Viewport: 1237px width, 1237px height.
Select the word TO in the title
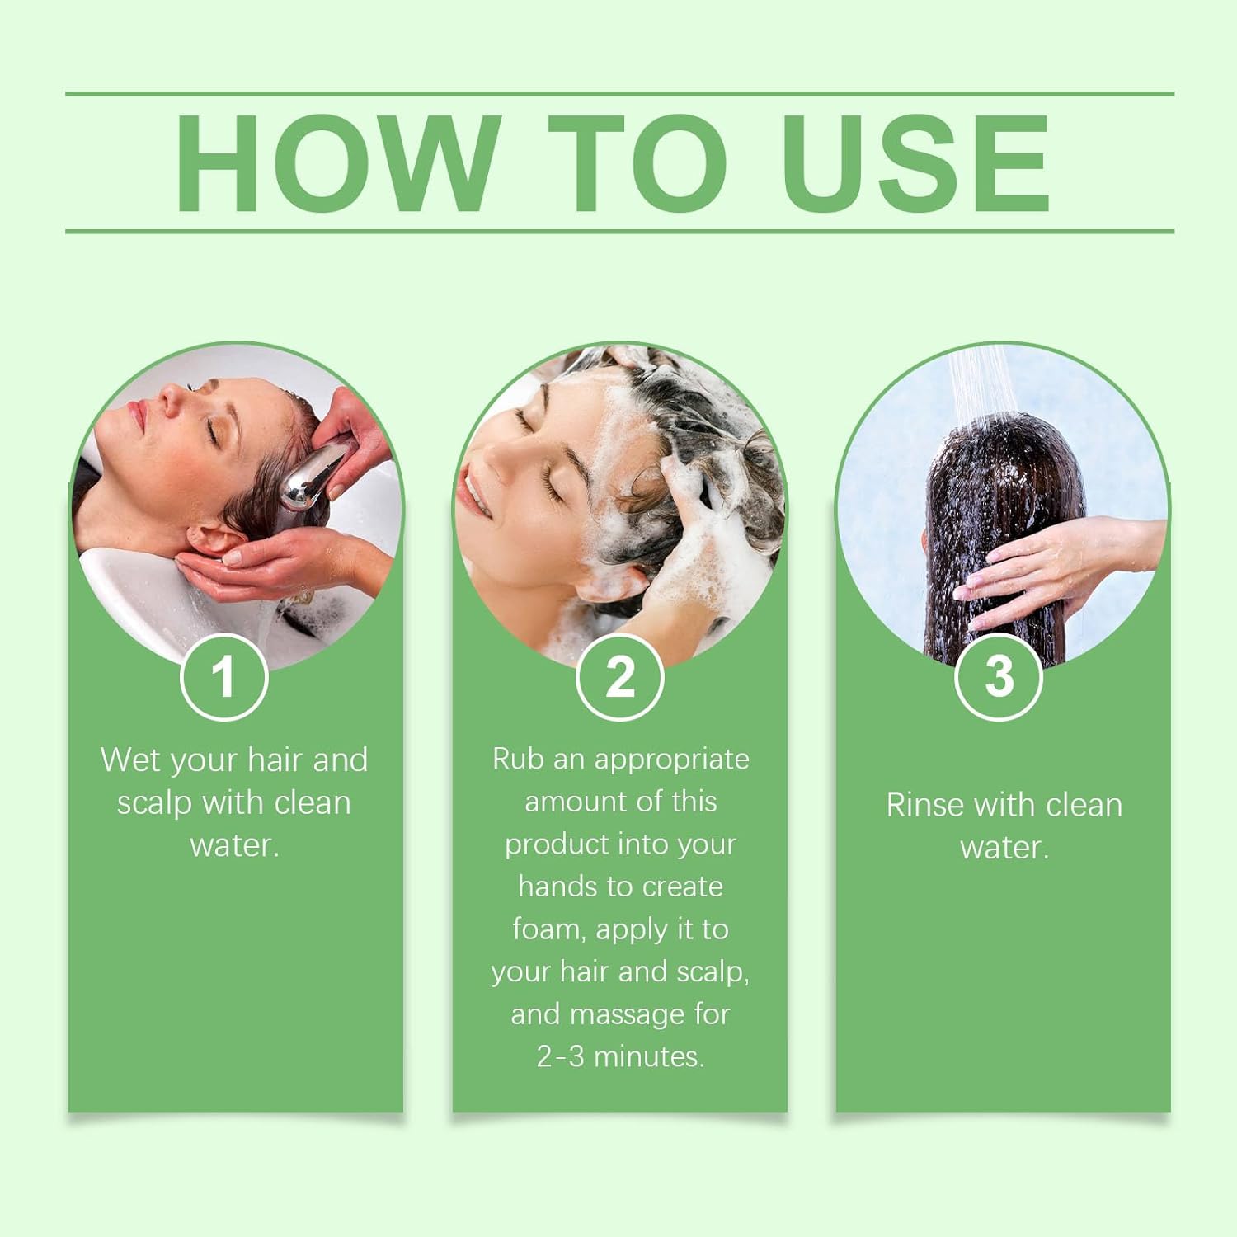point(637,163)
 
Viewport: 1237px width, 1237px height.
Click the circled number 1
point(223,678)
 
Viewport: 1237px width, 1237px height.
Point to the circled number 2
point(619,678)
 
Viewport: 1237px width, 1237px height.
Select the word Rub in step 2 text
point(519,759)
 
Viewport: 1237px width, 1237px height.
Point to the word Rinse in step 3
point(924,805)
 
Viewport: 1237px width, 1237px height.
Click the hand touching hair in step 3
point(1039,569)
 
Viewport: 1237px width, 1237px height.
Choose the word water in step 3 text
point(1003,848)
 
